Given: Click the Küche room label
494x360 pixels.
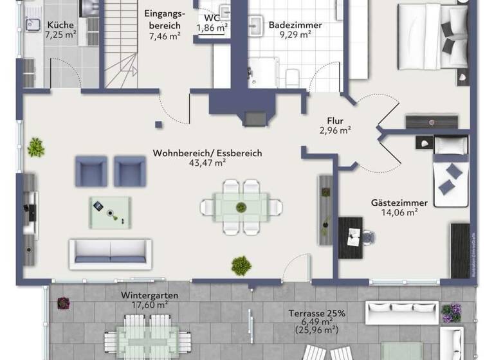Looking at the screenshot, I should [60, 26].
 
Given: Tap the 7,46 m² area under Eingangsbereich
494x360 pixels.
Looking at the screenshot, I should [164, 37].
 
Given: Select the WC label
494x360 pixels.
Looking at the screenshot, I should [212, 17].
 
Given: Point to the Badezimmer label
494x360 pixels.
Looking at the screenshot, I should [295, 26].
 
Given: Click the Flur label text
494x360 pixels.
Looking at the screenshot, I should [334, 121].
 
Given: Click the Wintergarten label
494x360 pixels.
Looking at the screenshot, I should [149, 296].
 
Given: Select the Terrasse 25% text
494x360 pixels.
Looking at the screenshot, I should [317, 313].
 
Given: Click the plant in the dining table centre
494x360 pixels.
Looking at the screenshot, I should [241, 207].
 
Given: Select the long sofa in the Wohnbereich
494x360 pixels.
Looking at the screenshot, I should [111, 253].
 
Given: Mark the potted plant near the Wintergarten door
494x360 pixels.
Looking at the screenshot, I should [241, 264].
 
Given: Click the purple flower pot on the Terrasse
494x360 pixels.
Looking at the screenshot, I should [451, 312].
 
